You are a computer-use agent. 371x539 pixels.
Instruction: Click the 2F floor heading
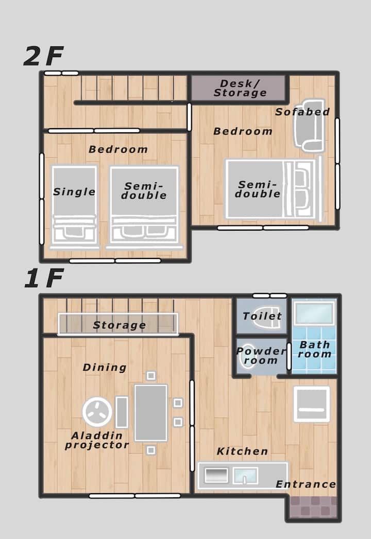click(x=43, y=57)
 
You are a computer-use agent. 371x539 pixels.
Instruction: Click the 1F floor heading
click(x=44, y=278)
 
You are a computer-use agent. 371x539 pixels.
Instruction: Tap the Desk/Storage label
click(x=240, y=88)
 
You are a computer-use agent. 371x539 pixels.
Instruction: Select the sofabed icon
click(x=309, y=126)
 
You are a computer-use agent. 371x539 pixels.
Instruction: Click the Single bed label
click(x=74, y=192)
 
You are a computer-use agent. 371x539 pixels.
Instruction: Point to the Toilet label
click(x=262, y=316)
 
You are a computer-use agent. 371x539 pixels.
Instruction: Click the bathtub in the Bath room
click(x=314, y=313)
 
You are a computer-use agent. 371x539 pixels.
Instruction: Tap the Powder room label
click(x=261, y=356)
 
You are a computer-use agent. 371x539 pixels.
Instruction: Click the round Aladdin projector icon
click(x=97, y=411)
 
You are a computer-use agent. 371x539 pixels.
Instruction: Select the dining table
click(x=151, y=412)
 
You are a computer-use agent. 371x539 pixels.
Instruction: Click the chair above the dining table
click(x=151, y=375)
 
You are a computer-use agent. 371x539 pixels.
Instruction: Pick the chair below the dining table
click(x=151, y=450)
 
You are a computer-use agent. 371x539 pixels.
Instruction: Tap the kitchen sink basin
click(x=245, y=476)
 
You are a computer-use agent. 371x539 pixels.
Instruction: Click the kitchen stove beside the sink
click(x=216, y=476)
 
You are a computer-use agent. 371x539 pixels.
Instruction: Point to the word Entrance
click(x=306, y=484)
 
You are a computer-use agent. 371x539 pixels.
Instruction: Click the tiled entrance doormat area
click(x=313, y=507)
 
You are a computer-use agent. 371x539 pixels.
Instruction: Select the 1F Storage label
click(x=120, y=325)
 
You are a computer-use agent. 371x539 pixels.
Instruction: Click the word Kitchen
click(x=242, y=451)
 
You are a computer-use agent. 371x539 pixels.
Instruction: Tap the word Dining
click(x=105, y=368)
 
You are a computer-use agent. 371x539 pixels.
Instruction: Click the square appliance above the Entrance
click(x=311, y=404)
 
